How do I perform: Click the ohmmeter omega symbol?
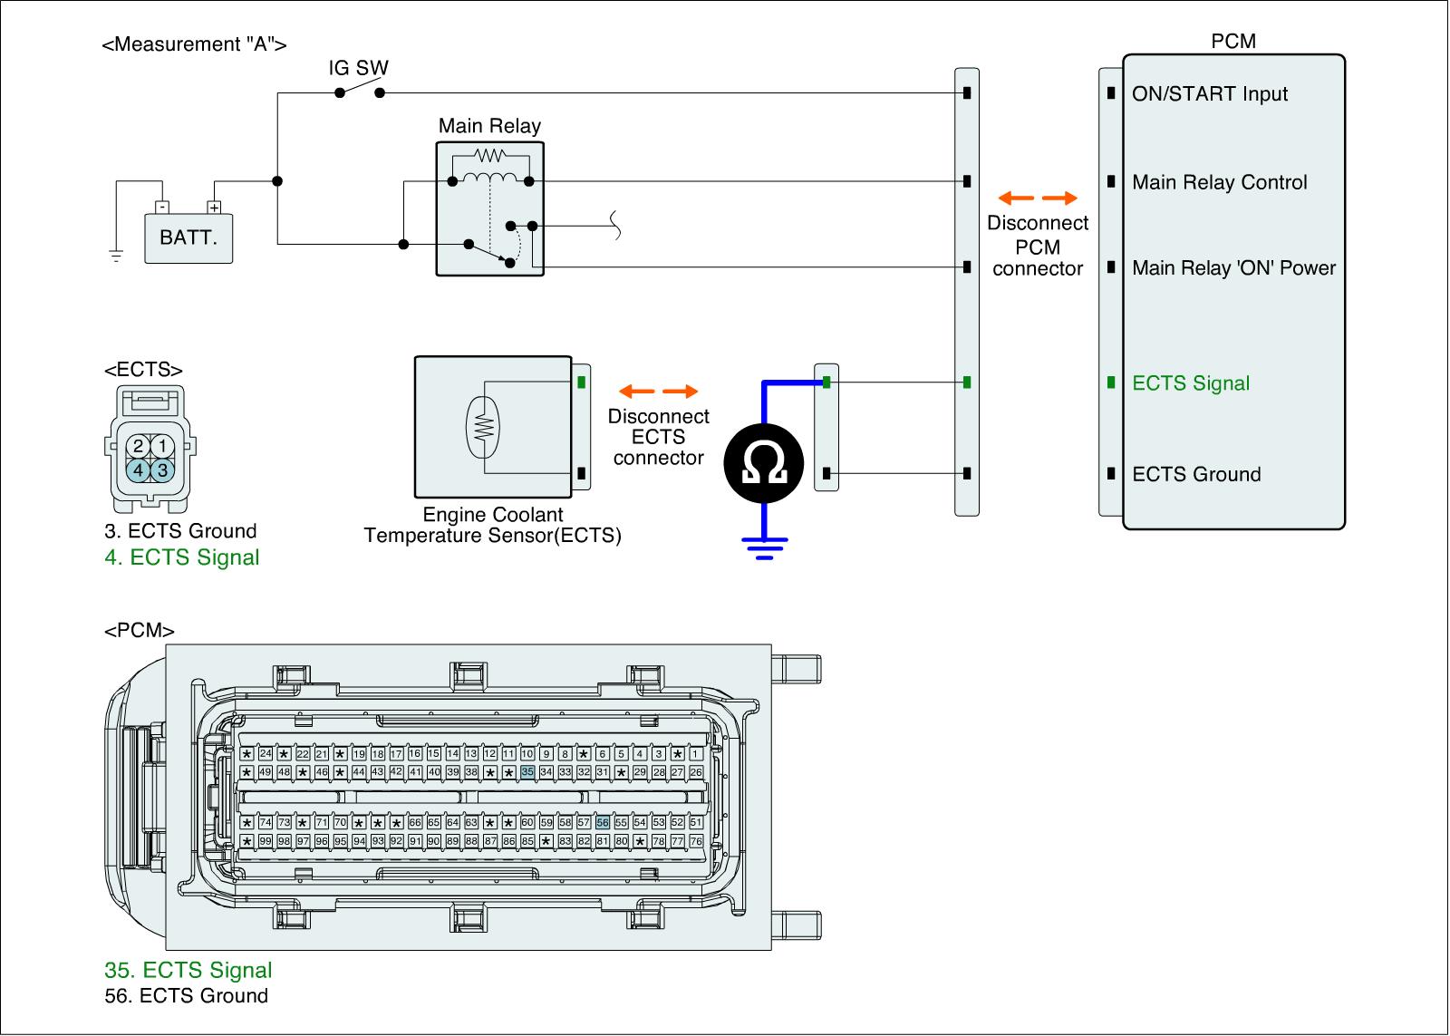point(764,462)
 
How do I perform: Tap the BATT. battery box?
point(188,238)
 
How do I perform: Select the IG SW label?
point(359,67)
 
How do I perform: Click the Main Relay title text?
point(489,126)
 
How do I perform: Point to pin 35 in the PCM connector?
point(527,772)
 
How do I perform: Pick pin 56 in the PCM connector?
point(603,822)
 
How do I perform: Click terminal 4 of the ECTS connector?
point(138,470)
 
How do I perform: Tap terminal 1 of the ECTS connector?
point(162,445)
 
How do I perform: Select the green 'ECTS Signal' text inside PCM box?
point(1191,383)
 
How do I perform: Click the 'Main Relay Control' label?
point(1220,182)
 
